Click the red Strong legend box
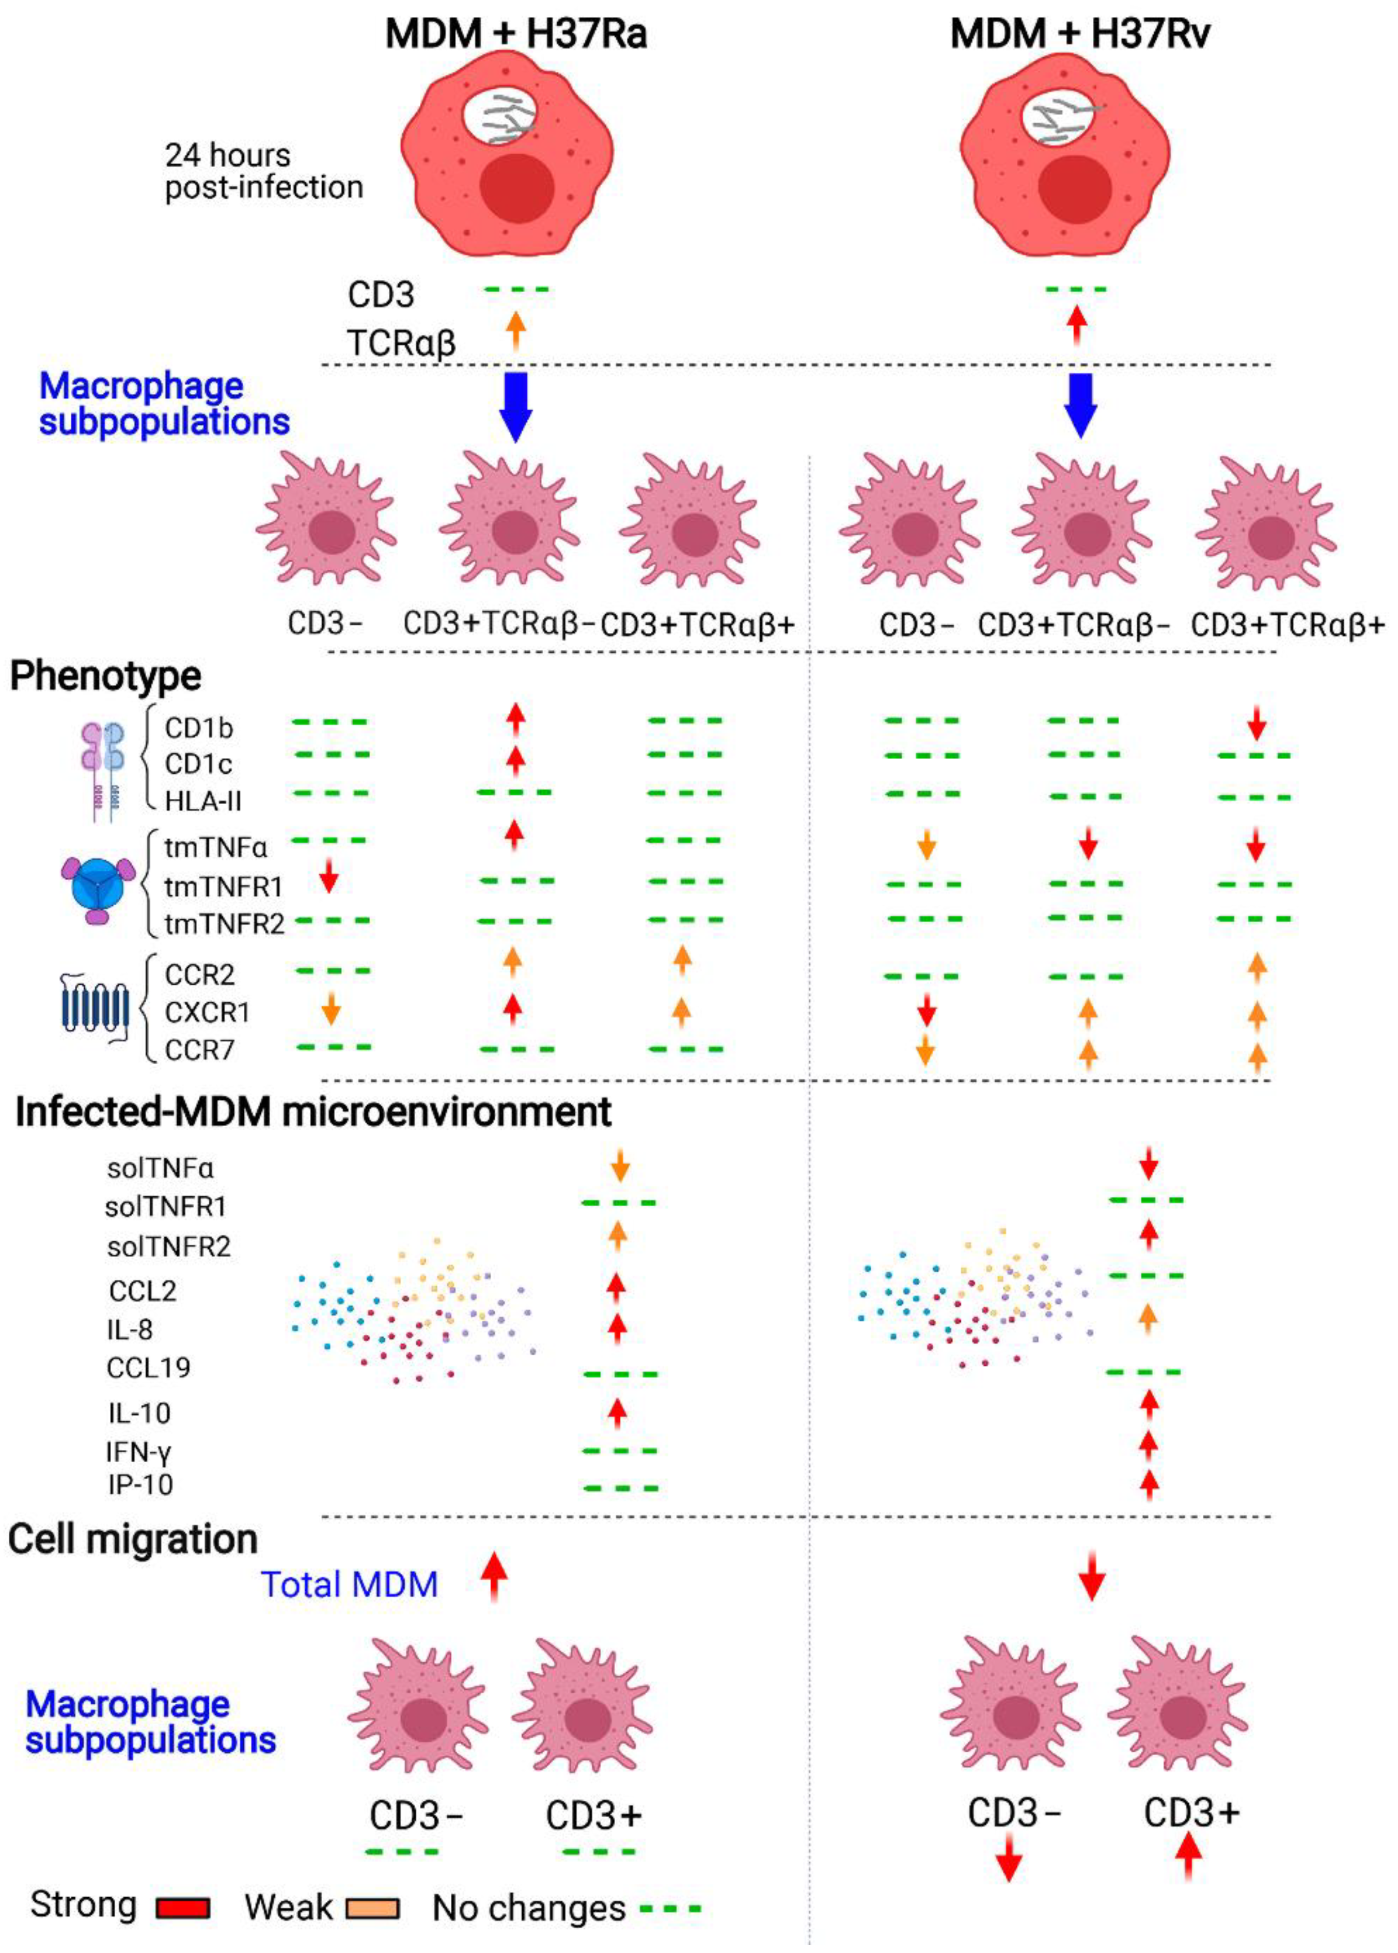(x=182, y=1908)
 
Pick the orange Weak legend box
(x=372, y=1908)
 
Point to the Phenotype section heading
(x=105, y=676)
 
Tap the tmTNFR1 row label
(x=223, y=886)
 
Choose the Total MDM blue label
(x=350, y=1584)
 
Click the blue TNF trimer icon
(x=97, y=886)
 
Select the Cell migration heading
(x=133, y=1539)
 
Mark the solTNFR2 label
(x=169, y=1246)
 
